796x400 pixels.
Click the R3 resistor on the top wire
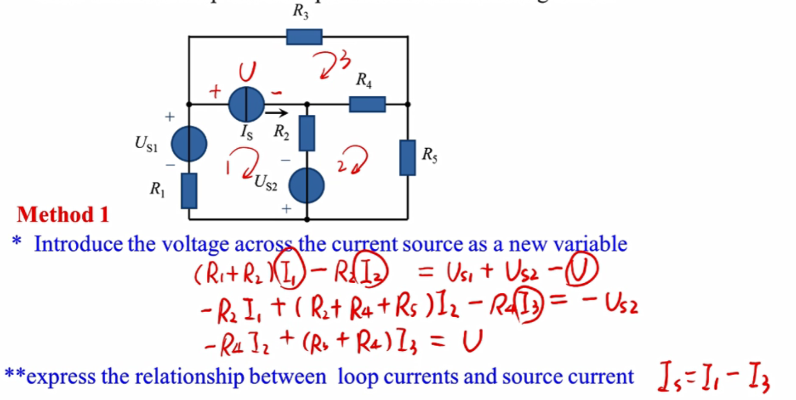304,37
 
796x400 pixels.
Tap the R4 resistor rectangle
367,105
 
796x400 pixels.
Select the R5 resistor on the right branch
407,157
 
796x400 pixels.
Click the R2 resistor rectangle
307,133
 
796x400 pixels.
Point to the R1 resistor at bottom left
189,190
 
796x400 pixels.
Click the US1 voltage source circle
189,144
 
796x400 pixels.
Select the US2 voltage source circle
307,185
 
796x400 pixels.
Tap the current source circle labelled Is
246,105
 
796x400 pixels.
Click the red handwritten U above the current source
247,72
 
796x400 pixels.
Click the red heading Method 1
63,214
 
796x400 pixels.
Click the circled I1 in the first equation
292,274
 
